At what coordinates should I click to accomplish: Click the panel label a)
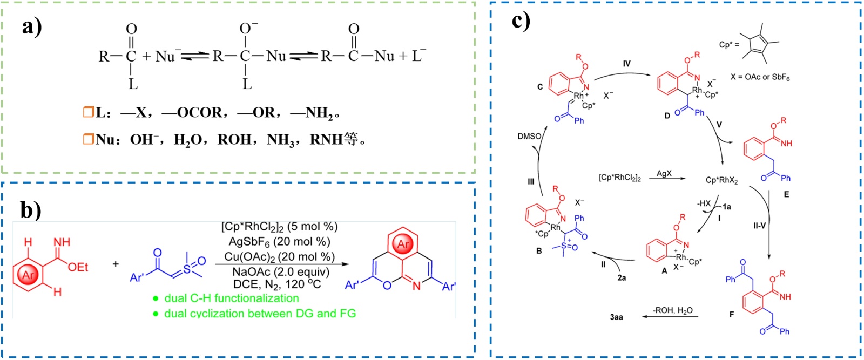(x=32, y=26)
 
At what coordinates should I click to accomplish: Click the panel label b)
(x=31, y=210)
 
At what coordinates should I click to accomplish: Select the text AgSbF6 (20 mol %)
(x=279, y=242)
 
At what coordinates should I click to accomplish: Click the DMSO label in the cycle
(x=529, y=136)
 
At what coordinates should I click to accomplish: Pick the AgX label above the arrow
(x=664, y=174)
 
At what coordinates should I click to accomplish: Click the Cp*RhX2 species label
(x=721, y=180)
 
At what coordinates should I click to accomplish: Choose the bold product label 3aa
(x=616, y=317)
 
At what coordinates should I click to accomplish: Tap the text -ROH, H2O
(x=672, y=310)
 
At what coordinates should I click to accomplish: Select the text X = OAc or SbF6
(x=760, y=77)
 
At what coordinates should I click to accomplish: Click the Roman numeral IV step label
(x=626, y=64)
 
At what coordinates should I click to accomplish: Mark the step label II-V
(x=759, y=226)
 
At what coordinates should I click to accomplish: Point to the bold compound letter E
(x=786, y=194)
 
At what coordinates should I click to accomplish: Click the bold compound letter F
(x=732, y=314)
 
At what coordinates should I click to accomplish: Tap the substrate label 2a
(x=622, y=277)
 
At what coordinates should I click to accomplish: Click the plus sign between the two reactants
(x=116, y=264)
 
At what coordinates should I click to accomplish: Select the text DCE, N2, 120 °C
(x=277, y=284)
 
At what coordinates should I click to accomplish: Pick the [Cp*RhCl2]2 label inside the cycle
(x=619, y=178)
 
